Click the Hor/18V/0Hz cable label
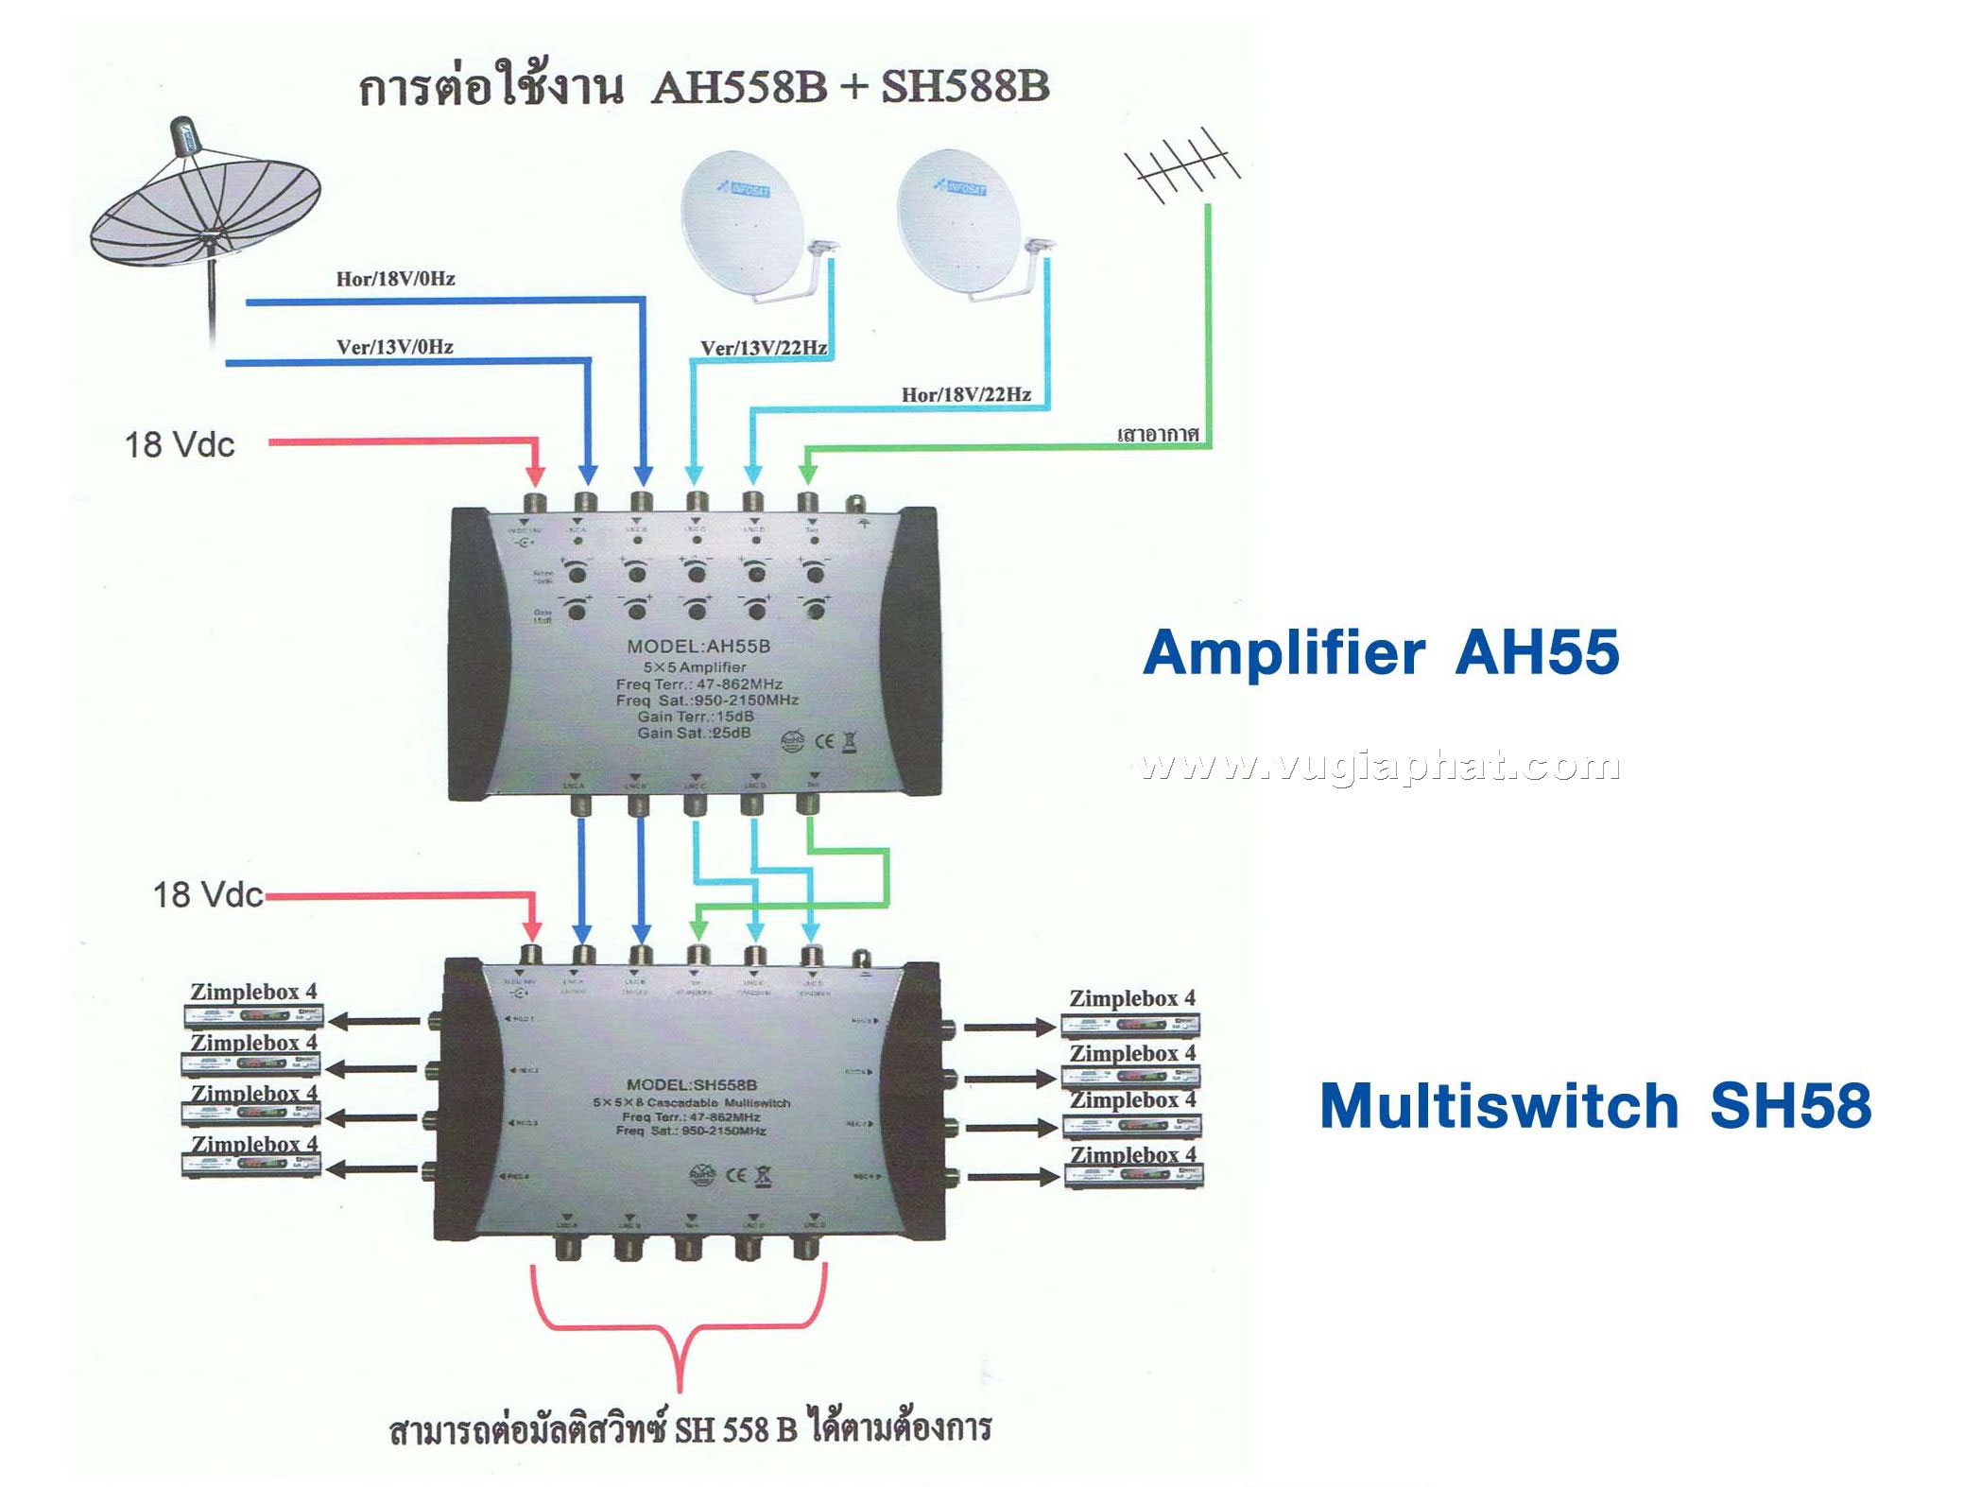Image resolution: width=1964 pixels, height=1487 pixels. (x=395, y=279)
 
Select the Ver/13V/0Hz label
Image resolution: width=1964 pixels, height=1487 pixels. (x=394, y=347)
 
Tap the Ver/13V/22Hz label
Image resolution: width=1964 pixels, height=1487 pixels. (x=764, y=348)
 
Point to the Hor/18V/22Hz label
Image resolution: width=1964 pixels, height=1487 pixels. (x=966, y=394)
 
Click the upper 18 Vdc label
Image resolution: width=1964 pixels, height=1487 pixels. (x=180, y=444)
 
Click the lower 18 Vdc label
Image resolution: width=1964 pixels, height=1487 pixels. (x=208, y=894)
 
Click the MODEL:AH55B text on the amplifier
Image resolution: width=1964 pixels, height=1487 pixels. (x=698, y=647)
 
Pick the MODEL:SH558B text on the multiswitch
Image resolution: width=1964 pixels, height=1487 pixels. (x=691, y=1085)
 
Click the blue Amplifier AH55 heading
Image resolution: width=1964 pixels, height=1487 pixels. (x=1381, y=652)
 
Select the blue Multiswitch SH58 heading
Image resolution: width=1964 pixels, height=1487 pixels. (x=1594, y=1106)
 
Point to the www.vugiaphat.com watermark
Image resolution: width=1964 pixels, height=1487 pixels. (x=1380, y=766)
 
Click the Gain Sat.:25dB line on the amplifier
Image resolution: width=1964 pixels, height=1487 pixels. (x=694, y=733)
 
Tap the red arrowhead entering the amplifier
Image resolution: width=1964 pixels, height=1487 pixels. (x=535, y=474)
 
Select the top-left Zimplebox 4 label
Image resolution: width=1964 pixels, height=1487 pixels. (x=253, y=992)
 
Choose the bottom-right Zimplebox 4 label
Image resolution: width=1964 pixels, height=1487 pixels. (x=1132, y=1154)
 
